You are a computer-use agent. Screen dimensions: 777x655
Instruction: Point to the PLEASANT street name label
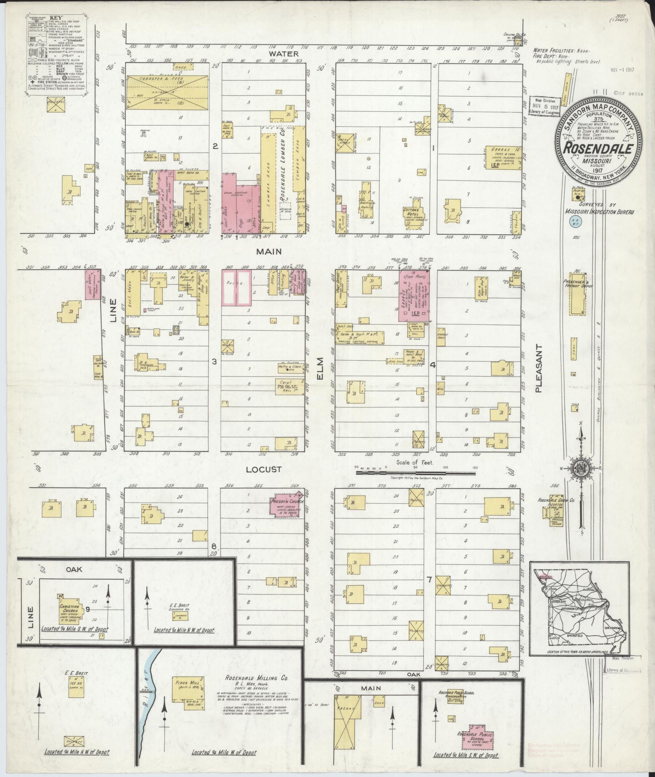coord(539,368)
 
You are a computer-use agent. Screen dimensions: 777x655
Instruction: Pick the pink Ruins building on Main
coord(237,287)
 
